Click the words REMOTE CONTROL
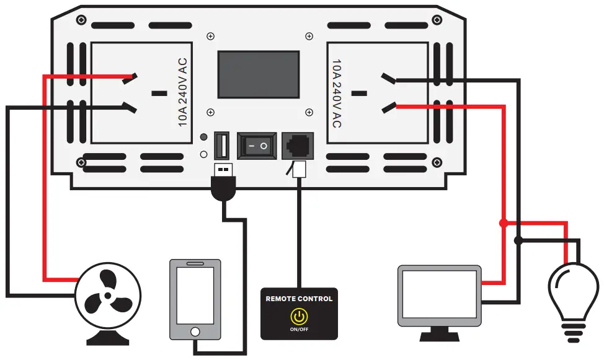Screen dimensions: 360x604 point(299,299)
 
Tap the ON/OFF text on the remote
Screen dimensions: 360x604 point(299,329)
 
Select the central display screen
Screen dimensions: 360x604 point(259,74)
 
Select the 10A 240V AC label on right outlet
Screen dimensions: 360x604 point(337,93)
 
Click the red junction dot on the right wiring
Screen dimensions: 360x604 point(504,222)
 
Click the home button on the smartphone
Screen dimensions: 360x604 point(195,331)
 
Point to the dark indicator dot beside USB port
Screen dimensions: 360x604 point(203,138)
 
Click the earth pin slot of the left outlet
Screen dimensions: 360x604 point(159,94)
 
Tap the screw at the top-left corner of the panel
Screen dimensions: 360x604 point(81,20)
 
